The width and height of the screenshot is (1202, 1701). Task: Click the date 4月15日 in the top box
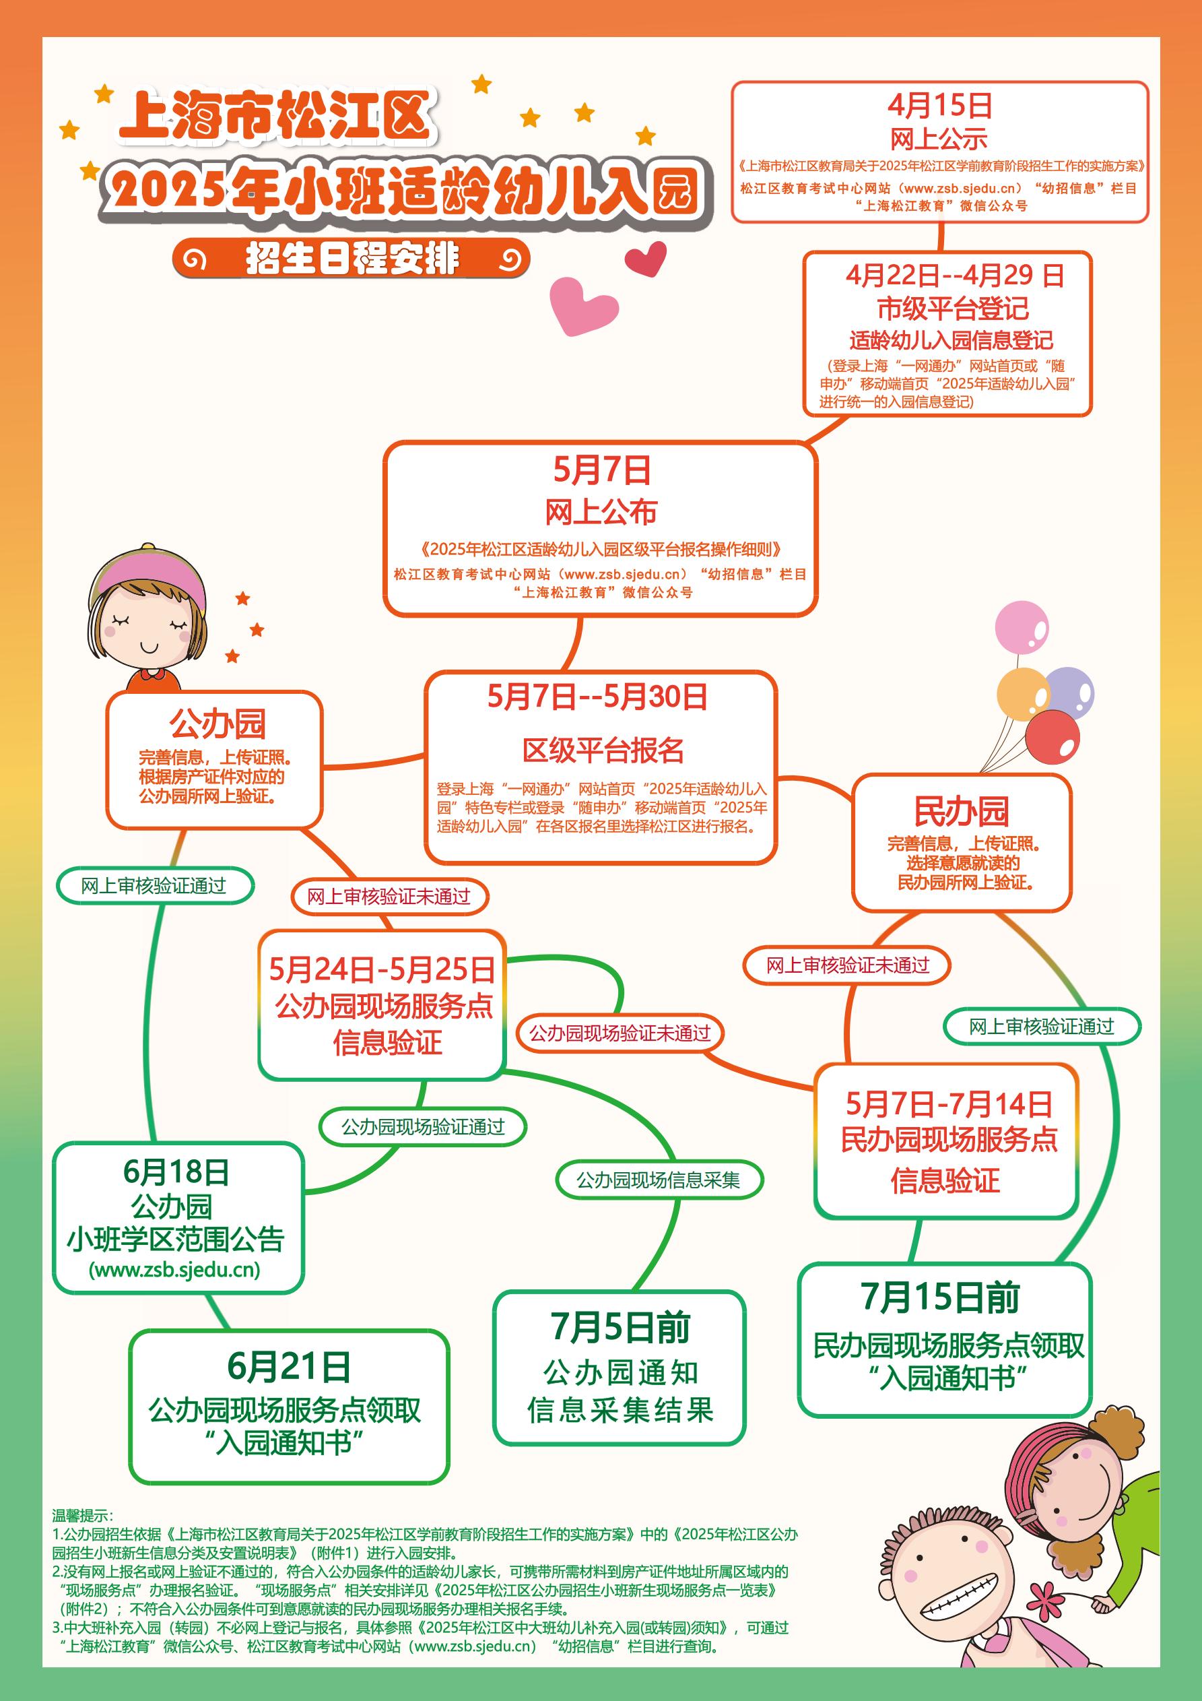(940, 106)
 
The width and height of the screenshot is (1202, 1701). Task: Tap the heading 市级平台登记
(953, 308)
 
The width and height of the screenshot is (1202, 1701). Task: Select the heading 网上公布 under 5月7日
(601, 512)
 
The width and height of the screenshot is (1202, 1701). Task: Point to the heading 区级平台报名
(603, 750)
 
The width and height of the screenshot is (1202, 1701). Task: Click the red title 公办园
(217, 724)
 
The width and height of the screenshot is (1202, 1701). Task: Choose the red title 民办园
(962, 811)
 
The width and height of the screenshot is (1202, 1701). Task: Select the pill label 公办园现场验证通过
(422, 1127)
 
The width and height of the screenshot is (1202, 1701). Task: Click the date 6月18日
(176, 1172)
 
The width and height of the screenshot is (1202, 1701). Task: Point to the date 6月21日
(289, 1367)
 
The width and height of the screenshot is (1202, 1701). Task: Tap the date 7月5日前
(620, 1328)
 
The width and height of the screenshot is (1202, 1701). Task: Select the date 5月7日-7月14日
(949, 1105)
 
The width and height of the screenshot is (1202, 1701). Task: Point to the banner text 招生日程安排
(353, 259)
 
